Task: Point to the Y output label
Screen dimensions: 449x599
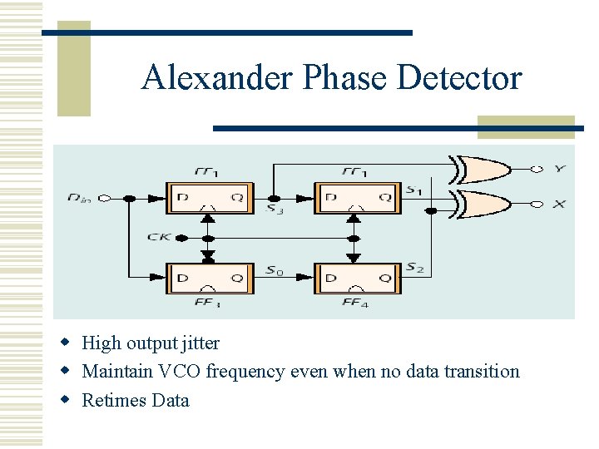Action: pyautogui.click(x=560, y=169)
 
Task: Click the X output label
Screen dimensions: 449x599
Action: pyautogui.click(x=559, y=204)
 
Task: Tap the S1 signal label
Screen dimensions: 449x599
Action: pyautogui.click(x=413, y=190)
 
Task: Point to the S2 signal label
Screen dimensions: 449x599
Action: pyautogui.click(x=413, y=268)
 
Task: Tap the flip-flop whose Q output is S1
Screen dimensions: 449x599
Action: pyautogui.click(x=356, y=198)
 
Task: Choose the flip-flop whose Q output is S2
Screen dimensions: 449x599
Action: pyautogui.click(x=356, y=278)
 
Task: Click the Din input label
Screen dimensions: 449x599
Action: pyautogui.click(x=82, y=198)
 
